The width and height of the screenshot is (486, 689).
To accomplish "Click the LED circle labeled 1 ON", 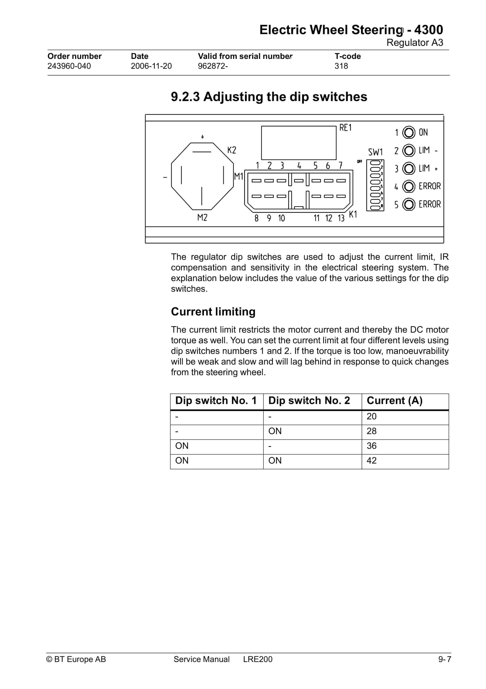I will click(x=408, y=132).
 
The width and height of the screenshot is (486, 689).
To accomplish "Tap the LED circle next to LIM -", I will click(x=408, y=150).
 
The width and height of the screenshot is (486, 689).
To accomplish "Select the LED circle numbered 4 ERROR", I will click(x=408, y=186).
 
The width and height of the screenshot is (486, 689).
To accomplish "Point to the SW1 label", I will click(x=376, y=152).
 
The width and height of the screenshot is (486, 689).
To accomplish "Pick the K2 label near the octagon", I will click(x=232, y=150).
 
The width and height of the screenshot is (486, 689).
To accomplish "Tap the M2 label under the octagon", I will click(x=202, y=217).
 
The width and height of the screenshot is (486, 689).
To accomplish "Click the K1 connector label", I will click(x=353, y=214).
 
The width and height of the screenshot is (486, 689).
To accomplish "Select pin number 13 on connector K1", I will click(x=341, y=218).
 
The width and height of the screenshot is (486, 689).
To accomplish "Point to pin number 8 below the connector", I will click(x=256, y=218).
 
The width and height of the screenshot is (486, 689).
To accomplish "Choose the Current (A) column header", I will click(x=394, y=401).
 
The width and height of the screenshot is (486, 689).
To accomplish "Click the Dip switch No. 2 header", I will click(x=309, y=401).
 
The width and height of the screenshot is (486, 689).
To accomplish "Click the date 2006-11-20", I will click(x=151, y=66).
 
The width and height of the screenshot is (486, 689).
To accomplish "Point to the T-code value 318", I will click(x=341, y=66).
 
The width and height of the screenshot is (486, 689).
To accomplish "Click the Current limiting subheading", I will click(x=213, y=312).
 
